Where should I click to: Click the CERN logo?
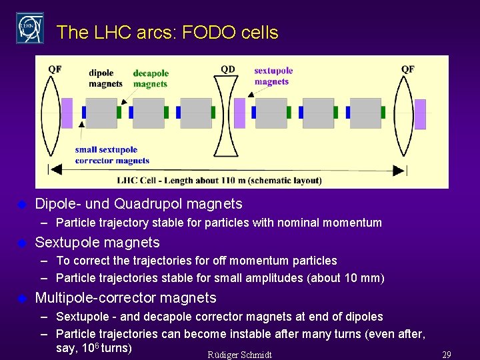point(30,28)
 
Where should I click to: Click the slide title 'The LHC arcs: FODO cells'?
point(167,32)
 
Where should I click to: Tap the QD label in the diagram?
point(228,69)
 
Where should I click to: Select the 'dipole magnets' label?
point(105,79)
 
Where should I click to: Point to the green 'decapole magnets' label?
point(151,79)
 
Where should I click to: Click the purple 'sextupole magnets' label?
point(273,76)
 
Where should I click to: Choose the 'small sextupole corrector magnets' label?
point(111,155)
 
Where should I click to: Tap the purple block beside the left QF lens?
point(67,113)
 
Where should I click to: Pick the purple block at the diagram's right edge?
point(420,113)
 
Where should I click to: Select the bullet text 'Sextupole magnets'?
point(97,242)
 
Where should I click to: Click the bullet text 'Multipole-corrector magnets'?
point(125,297)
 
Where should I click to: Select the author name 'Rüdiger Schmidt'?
point(240,354)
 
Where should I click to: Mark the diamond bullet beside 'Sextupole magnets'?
point(21,243)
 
